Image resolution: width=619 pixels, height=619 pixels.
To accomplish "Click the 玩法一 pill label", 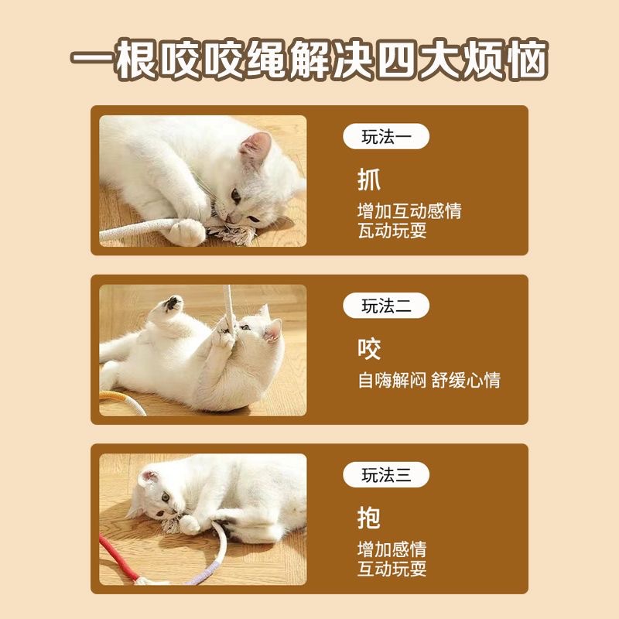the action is [385, 136].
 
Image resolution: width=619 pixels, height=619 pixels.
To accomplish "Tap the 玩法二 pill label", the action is [385, 306].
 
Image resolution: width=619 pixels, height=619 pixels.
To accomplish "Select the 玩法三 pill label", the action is [385, 474].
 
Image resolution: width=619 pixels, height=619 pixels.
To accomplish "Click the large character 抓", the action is [369, 180].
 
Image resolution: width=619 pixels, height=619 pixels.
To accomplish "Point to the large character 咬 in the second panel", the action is [369, 349].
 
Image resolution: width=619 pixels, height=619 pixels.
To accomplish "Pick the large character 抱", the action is [369, 518].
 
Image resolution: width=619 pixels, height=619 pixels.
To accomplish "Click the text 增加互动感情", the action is [409, 210].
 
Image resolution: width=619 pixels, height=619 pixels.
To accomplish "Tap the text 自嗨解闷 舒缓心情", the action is [429, 380].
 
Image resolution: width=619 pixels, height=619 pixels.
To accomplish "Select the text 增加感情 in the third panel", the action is [392, 549].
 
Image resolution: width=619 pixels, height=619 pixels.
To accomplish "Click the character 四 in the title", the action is [396, 60].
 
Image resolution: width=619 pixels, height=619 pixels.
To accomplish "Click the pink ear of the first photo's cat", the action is [256, 144].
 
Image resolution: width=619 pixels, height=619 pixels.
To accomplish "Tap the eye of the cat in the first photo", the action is [236, 196].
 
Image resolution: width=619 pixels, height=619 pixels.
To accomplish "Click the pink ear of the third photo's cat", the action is [149, 477].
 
